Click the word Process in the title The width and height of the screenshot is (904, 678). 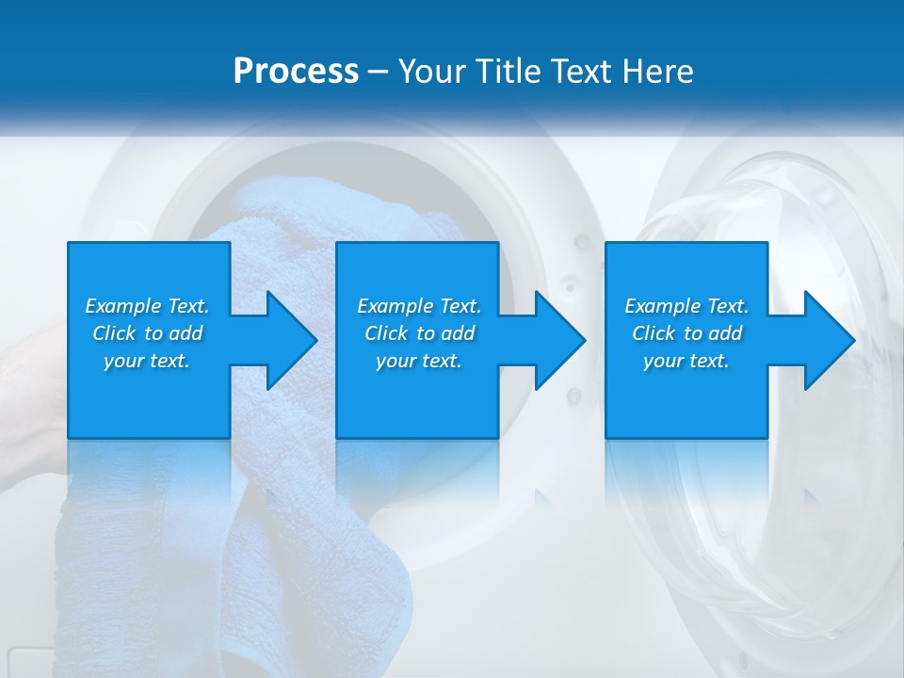[296, 72]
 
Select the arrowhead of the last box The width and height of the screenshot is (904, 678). [828, 340]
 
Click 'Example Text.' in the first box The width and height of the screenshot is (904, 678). [147, 306]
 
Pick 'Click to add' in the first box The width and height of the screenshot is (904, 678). [147, 333]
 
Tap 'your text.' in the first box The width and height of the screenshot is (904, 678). [147, 361]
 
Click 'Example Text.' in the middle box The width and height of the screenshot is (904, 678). [419, 306]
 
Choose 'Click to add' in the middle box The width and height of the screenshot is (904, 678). [419, 333]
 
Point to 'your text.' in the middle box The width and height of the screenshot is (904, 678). [419, 361]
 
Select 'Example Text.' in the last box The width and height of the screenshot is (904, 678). [686, 306]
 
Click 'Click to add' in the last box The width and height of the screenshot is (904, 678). [686, 333]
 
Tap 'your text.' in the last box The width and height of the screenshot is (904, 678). [686, 361]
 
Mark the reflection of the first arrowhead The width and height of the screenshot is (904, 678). [273, 499]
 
